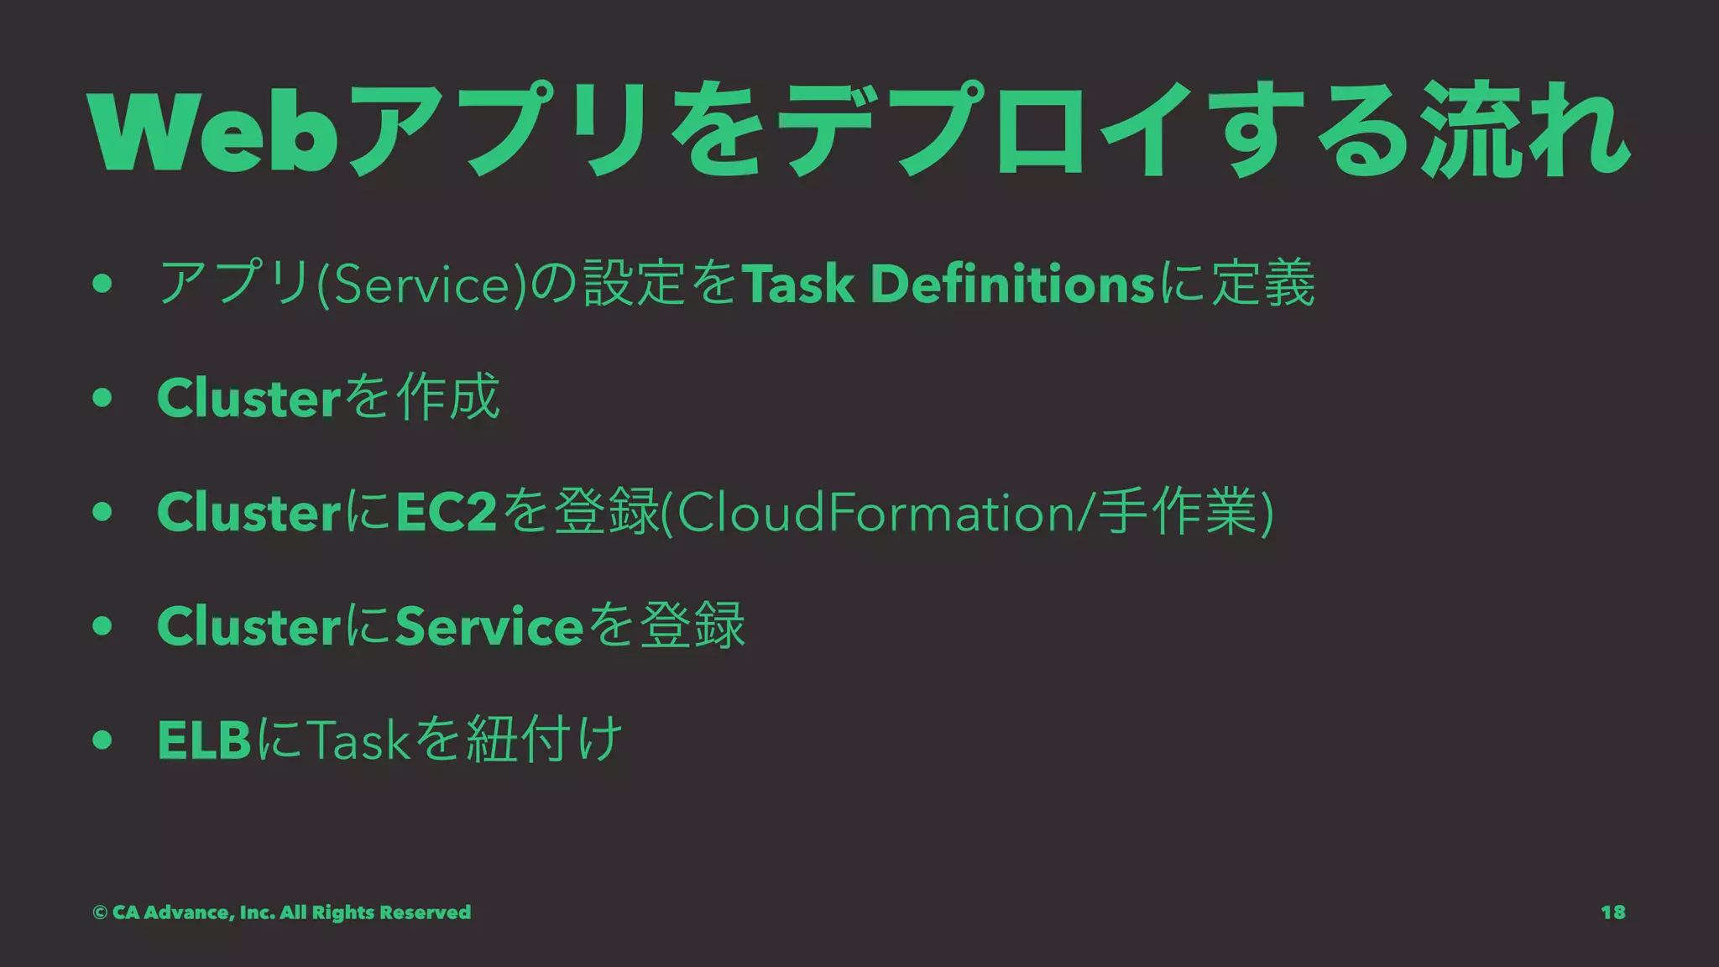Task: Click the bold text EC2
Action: (x=447, y=512)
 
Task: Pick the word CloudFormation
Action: (x=877, y=512)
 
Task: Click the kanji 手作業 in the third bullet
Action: (x=1180, y=512)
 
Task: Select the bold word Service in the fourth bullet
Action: (x=489, y=626)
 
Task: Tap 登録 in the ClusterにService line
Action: (x=692, y=626)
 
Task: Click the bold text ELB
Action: (x=204, y=740)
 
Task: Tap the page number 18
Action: (x=1612, y=912)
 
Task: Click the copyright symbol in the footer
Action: (x=100, y=912)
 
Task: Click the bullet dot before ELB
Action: (x=102, y=740)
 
